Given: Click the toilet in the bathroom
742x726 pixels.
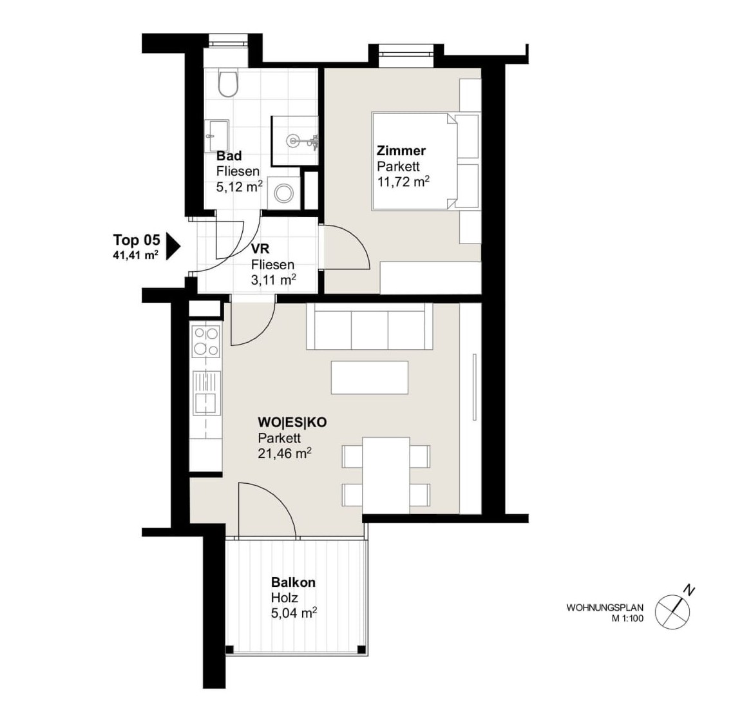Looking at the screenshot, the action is pyautogui.click(x=227, y=83).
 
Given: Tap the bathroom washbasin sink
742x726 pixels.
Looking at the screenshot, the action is pyautogui.click(x=217, y=136).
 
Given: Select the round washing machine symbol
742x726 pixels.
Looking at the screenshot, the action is pyautogui.click(x=285, y=193).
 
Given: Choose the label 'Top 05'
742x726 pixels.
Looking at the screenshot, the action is pyautogui.click(x=137, y=240).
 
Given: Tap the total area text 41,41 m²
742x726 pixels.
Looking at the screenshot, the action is pyautogui.click(x=136, y=255).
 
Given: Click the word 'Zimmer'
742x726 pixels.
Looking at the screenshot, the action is pyautogui.click(x=401, y=151).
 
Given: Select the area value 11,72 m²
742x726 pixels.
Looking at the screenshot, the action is pyautogui.click(x=403, y=181).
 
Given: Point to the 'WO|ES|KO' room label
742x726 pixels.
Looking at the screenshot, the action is pyautogui.click(x=292, y=422).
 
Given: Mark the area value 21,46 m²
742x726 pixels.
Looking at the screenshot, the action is pyautogui.click(x=285, y=454).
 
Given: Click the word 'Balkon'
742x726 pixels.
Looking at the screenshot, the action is pyautogui.click(x=294, y=582).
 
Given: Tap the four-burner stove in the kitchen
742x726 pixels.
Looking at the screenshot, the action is pyautogui.click(x=206, y=341).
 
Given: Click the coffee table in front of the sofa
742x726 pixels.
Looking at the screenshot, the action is pyautogui.click(x=369, y=377).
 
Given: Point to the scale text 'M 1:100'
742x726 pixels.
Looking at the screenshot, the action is pyautogui.click(x=627, y=618).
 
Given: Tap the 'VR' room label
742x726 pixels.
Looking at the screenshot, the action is pyautogui.click(x=260, y=249).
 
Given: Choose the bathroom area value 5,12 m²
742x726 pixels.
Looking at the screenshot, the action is pyautogui.click(x=240, y=186).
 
